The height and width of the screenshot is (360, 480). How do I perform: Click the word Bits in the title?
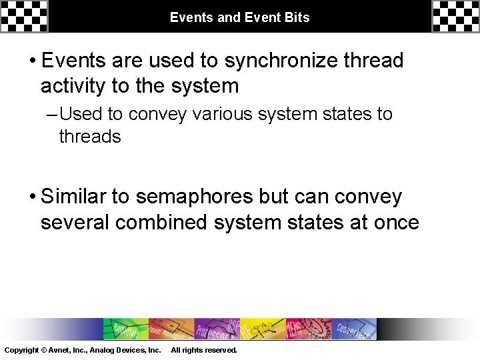[x=297, y=17]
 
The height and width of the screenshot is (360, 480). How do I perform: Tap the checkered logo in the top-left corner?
[x=24, y=16]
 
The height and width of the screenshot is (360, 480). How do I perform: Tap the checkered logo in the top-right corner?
[x=455, y=16]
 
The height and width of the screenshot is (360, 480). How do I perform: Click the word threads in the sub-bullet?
[x=90, y=137]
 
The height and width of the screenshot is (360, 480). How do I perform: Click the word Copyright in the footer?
[x=21, y=350]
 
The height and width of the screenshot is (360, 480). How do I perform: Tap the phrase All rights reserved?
[x=204, y=350]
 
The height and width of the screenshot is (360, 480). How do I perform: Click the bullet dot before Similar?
[x=32, y=197]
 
